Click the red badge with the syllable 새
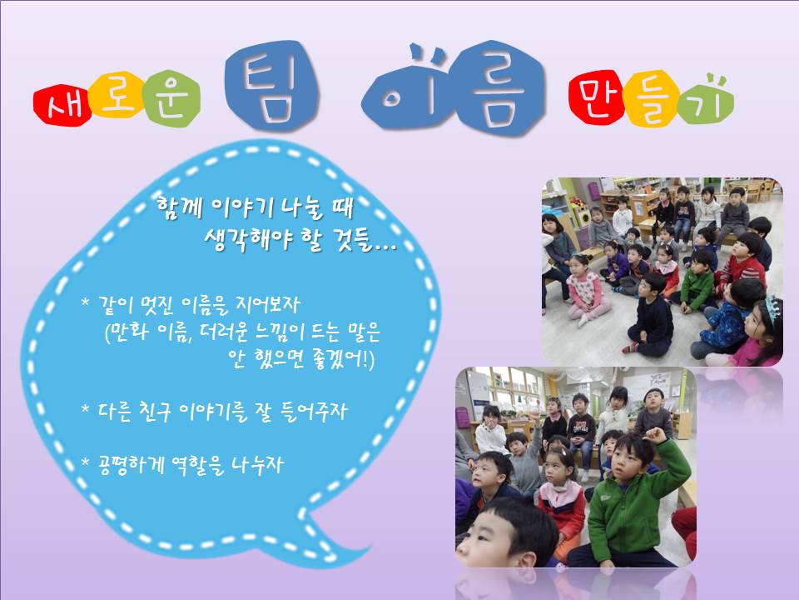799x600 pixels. [x=62, y=106]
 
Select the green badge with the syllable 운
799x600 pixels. [x=171, y=98]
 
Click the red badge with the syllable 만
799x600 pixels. [x=596, y=97]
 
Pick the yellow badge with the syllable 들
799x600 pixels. [x=651, y=98]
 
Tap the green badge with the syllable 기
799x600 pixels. [x=706, y=99]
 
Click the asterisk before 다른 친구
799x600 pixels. [x=86, y=408]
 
